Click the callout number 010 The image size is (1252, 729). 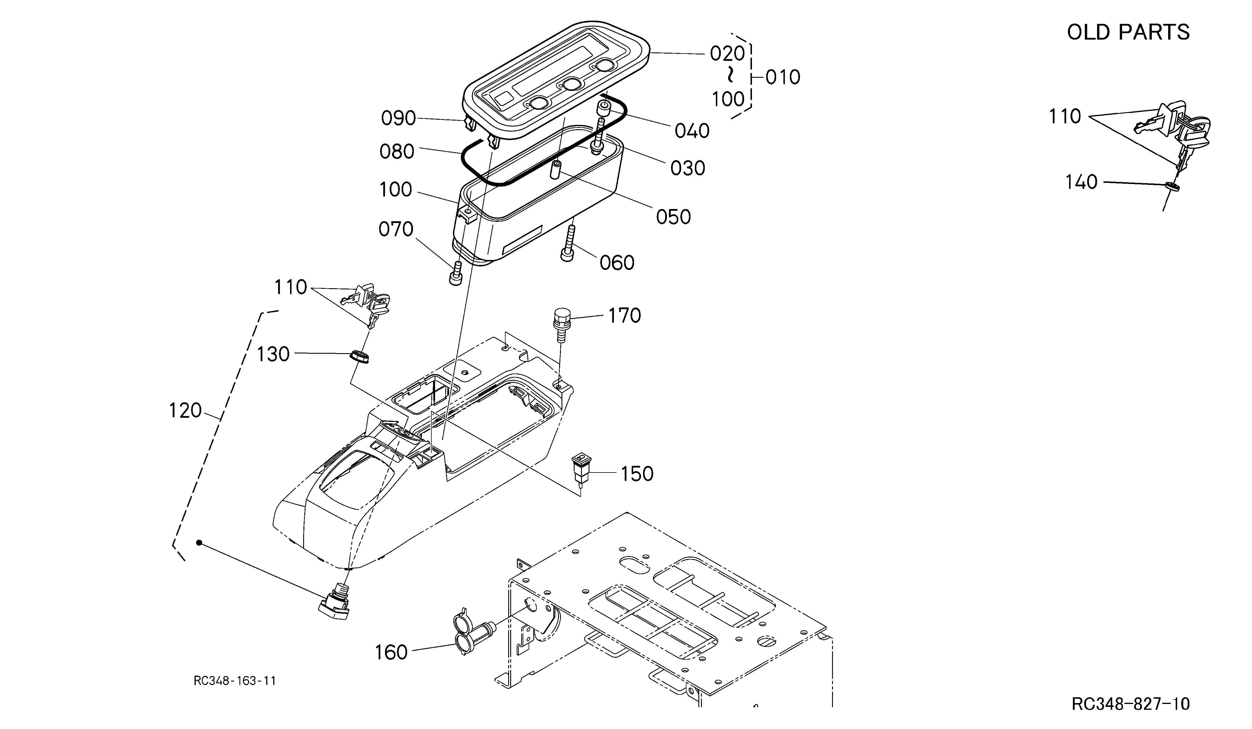coord(783,77)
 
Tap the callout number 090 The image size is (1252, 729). coord(398,118)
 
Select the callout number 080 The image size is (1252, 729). coord(397,151)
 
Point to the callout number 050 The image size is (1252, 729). coord(674,217)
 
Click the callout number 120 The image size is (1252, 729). coord(185,411)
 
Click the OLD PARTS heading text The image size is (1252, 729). coord(1128,32)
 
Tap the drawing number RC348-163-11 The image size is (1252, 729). coord(234,680)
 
